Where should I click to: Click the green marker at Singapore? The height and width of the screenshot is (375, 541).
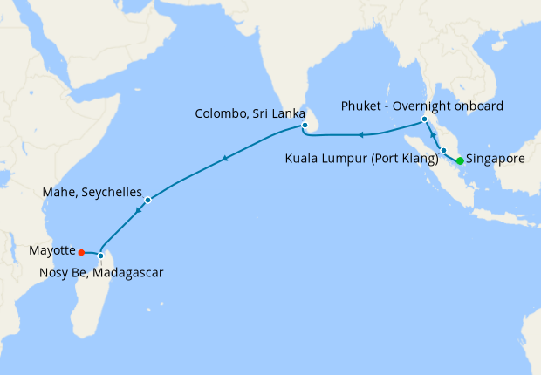(x=460, y=160)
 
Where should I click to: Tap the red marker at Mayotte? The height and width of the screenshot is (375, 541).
(x=81, y=252)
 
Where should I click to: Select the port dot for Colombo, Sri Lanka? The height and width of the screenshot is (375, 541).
(x=305, y=126)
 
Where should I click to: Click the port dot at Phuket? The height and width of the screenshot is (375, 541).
(x=424, y=119)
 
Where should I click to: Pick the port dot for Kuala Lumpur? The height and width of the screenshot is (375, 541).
(x=443, y=151)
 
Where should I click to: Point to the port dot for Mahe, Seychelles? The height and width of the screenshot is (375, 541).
(x=147, y=201)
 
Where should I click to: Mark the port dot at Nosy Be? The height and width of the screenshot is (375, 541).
(x=100, y=256)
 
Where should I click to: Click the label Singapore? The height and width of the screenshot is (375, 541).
(x=496, y=160)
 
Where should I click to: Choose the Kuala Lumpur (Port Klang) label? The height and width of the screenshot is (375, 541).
(x=362, y=160)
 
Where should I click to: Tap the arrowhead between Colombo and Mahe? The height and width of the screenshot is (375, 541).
(x=225, y=158)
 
